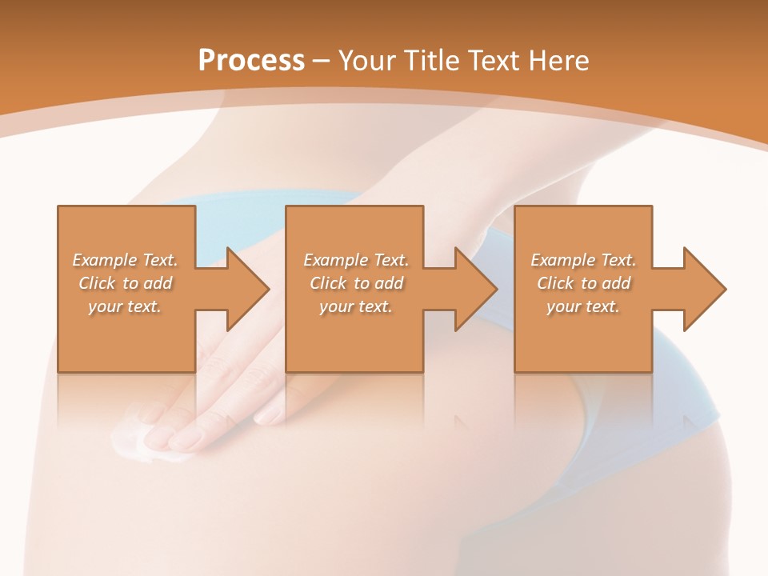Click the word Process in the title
coord(251,61)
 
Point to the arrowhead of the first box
coord(247,289)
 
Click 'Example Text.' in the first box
coord(126,260)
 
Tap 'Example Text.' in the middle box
coord(356,260)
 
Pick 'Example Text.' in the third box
coord(583,260)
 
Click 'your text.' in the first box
coord(125,306)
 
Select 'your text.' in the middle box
coord(355,306)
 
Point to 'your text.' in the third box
coord(583,306)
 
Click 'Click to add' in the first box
coord(126,283)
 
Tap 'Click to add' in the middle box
coord(356,283)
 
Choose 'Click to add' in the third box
coord(583,283)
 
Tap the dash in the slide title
coord(322,61)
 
